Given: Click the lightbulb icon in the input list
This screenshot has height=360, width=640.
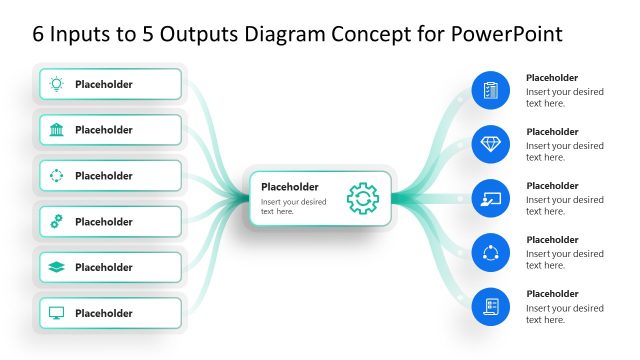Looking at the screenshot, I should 57,84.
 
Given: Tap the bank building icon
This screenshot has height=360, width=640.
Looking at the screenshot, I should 57,130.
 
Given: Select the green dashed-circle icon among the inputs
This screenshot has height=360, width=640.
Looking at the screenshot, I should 57,176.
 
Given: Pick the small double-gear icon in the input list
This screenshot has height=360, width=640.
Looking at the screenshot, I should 57,222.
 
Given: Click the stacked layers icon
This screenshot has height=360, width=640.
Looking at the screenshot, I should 57,267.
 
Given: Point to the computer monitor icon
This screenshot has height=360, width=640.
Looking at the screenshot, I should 57,313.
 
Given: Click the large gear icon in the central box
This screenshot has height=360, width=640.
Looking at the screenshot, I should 363,198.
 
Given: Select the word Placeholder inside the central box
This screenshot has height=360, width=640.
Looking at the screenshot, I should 290,186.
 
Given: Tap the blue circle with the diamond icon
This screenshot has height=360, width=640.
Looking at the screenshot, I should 490,144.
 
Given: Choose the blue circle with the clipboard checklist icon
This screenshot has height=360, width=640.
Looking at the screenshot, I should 490,90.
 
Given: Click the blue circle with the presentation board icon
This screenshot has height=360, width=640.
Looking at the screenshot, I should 490,198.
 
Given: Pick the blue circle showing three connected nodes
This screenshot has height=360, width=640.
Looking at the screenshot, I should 490,252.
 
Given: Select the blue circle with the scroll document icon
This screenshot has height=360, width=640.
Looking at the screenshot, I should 490,306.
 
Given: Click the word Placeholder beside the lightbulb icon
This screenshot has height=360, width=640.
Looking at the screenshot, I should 104,84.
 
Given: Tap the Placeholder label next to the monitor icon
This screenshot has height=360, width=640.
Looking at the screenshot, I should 104,313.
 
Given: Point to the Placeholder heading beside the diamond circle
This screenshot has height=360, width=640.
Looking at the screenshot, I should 552,132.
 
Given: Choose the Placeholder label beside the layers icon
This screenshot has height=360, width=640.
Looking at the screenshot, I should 104,267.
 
